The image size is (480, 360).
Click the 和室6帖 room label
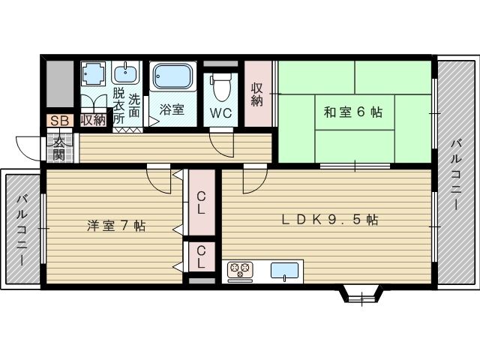353,112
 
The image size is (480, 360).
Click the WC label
220,114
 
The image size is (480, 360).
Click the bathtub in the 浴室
173,76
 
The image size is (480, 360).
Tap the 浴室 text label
172,109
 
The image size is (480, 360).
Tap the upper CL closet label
202,203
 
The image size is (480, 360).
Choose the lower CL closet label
202,259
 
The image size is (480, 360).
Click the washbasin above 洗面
125,72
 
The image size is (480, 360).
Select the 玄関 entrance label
58,148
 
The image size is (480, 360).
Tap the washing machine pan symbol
94,74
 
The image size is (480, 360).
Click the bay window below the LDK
362,293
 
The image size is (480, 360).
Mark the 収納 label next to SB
94,120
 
